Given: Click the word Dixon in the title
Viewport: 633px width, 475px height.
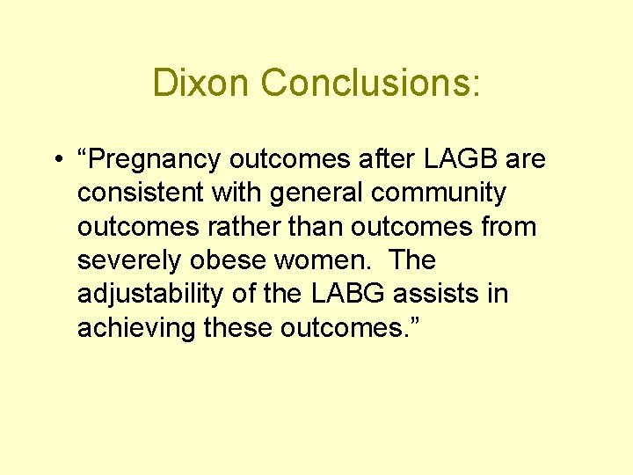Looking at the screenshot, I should (x=201, y=84).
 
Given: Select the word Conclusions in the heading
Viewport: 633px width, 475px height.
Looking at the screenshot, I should (x=365, y=84).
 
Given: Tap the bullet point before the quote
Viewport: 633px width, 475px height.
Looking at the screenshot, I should (x=55, y=161).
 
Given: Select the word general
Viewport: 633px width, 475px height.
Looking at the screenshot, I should (x=319, y=193).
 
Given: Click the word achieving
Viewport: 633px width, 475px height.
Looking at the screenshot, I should (x=136, y=327).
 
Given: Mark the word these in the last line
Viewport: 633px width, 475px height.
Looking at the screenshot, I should (x=238, y=327).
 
